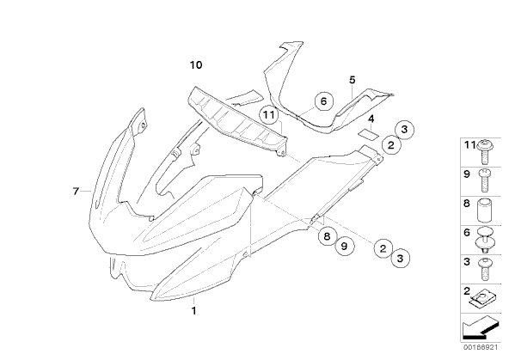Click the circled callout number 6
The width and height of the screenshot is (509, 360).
(323, 101)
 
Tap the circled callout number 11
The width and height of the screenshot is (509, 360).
(269, 115)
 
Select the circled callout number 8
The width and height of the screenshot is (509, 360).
(327, 236)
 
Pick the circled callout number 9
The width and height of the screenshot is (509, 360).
(344, 247)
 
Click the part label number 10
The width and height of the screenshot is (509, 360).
(196, 65)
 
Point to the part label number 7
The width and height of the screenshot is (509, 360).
(76, 192)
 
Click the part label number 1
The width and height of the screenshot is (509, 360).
(193, 311)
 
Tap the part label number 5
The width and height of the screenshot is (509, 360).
(353, 80)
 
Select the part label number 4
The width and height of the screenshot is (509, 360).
(371, 119)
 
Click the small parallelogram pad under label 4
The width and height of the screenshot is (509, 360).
(369, 133)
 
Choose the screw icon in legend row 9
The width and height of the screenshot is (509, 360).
(485, 180)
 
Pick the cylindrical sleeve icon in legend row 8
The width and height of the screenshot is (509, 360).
(485, 210)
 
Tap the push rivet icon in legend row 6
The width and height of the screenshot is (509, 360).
(485, 240)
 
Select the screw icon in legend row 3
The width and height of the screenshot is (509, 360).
(485, 269)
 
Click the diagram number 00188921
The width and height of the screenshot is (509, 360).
(481, 347)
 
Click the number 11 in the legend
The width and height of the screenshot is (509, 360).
(469, 145)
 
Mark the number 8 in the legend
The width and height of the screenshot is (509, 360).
(467, 204)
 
